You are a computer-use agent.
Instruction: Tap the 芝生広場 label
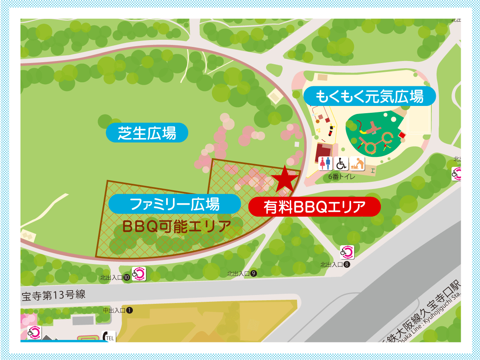tap(147, 132)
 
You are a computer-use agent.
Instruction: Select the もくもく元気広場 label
tap(369, 96)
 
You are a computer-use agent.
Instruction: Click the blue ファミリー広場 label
tap(175, 204)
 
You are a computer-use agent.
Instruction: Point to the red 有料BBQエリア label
tap(314, 207)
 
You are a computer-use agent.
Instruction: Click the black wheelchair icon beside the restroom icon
tap(341, 163)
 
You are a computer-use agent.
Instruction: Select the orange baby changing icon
tap(357, 163)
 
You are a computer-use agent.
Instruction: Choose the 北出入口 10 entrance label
tap(115, 277)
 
